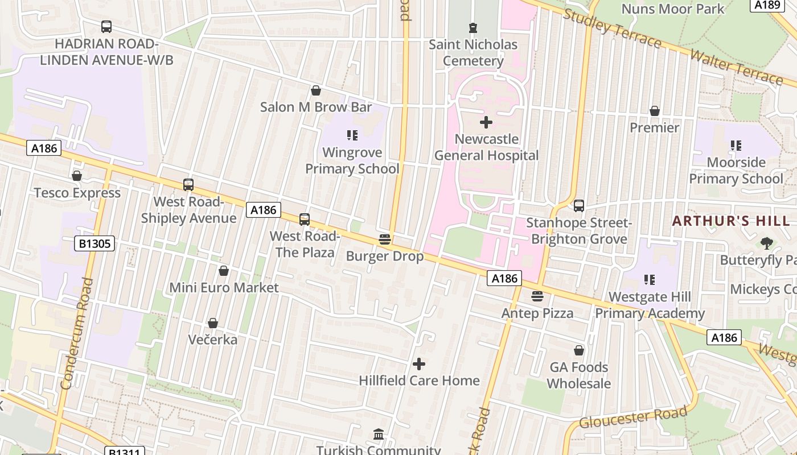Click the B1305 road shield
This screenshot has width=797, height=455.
click(95, 244)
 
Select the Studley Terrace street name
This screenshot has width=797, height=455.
click(611, 28)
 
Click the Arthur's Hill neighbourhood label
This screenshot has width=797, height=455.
click(731, 221)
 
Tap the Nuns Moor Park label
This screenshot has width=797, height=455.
click(672, 9)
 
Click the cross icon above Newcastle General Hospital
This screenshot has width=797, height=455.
click(486, 122)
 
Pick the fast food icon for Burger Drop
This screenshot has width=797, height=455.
click(385, 239)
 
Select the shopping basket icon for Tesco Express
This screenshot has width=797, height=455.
click(77, 176)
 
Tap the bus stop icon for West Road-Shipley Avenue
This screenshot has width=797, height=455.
click(188, 185)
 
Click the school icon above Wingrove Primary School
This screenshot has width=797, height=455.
click(352, 135)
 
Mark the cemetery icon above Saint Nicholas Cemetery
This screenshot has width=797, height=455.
click(473, 27)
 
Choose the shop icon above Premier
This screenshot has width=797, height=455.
click(655, 111)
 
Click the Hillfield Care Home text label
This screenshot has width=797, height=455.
click(419, 380)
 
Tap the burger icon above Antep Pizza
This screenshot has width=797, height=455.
click(537, 296)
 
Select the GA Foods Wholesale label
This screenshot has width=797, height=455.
click(578, 375)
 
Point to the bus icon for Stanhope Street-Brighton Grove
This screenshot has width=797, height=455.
click(579, 206)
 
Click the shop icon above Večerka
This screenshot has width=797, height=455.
click(213, 323)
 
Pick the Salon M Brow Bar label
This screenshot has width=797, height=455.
click(316, 107)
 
